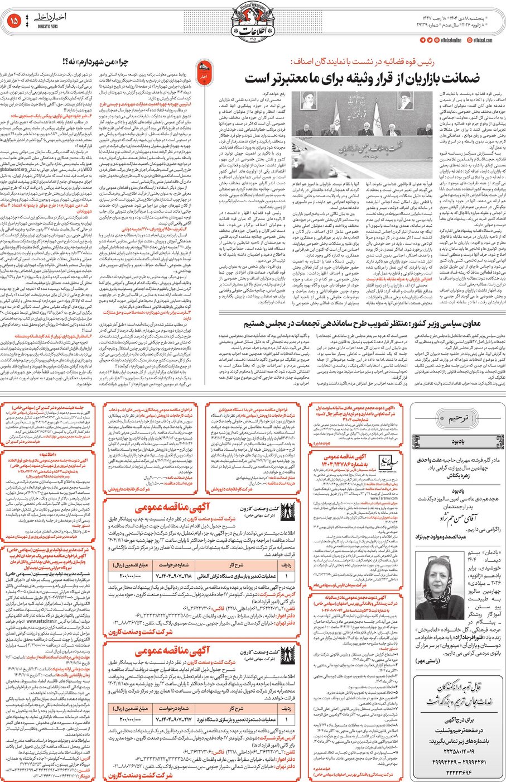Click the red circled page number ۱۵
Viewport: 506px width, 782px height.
14,22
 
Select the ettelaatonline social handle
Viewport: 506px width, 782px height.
449,40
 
